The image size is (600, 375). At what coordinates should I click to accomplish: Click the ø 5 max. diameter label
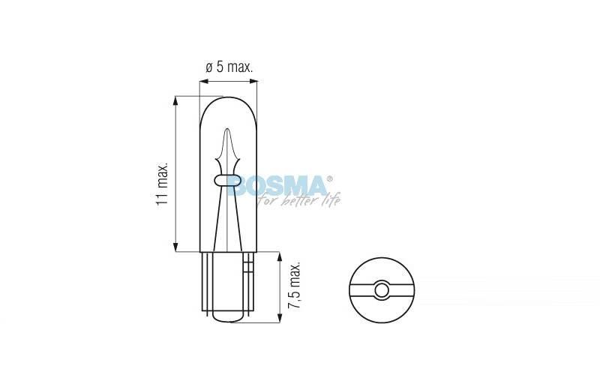click(x=229, y=67)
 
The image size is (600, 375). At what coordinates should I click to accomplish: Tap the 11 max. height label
click(x=162, y=184)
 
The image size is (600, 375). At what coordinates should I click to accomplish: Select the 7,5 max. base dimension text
click(x=294, y=286)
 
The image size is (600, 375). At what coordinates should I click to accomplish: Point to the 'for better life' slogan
click(x=299, y=200)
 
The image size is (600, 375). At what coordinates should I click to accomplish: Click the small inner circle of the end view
click(x=382, y=290)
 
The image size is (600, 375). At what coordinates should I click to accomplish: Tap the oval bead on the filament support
click(x=227, y=180)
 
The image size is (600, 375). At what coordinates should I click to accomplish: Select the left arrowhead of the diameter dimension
click(x=203, y=81)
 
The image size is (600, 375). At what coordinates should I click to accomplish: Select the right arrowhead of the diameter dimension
click(x=253, y=81)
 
